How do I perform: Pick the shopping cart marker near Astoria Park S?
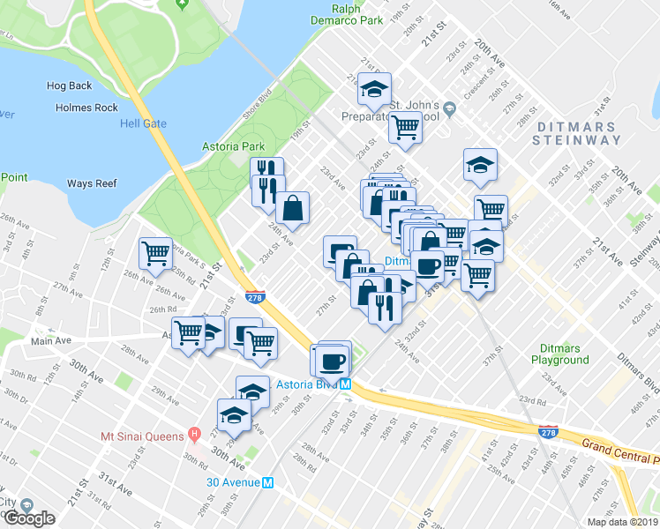tap(156, 253)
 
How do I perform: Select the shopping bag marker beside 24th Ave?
tap(293, 209)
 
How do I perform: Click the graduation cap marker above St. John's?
tap(375, 89)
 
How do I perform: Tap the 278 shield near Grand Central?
tap(548, 431)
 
